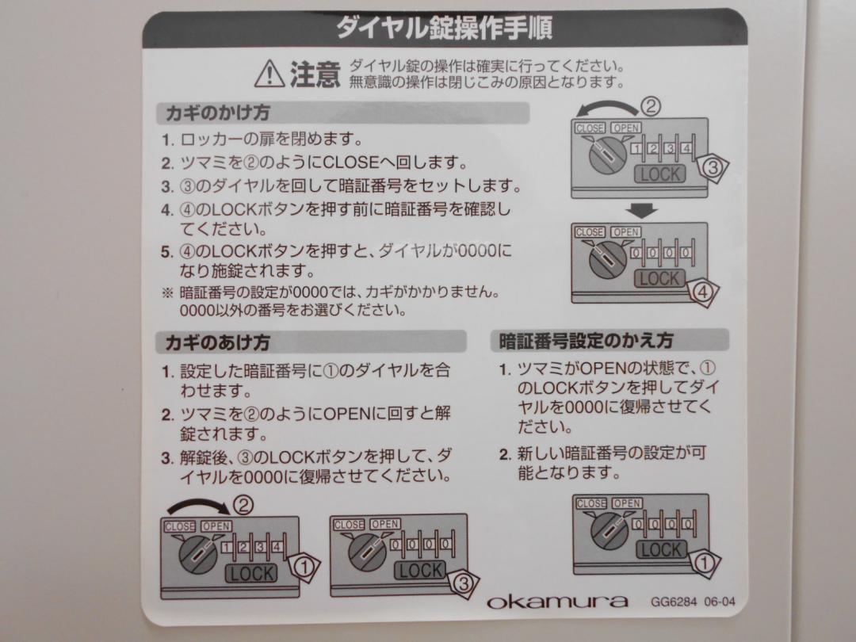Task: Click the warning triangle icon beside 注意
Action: coord(269,74)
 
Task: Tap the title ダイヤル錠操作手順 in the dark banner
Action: coord(445,28)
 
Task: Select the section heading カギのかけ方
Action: coord(217,113)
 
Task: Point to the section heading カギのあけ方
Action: coord(217,342)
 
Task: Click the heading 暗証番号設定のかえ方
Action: coord(586,340)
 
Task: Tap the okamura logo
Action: coord(557,601)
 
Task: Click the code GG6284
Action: coord(673,602)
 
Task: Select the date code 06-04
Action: coord(720,602)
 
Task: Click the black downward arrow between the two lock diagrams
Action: coord(641,210)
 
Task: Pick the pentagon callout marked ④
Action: coord(702,292)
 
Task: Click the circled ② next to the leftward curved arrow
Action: coord(650,105)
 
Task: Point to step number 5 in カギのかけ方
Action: coord(167,252)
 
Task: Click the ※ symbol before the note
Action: coord(167,292)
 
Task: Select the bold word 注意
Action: coord(315,75)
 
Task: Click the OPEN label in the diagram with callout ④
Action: coord(625,232)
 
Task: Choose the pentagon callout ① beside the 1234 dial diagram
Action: coord(304,567)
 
